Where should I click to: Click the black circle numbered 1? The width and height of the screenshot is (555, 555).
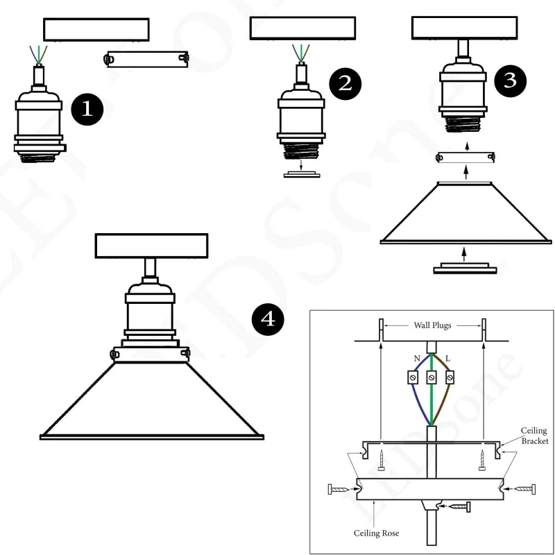tap(87, 109)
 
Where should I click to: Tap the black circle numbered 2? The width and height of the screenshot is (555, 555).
tap(345, 84)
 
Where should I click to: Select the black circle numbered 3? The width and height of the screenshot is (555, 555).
tap(510, 80)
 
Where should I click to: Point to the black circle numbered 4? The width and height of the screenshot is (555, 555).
tap(268, 319)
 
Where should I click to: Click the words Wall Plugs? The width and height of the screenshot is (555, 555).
tap(432, 325)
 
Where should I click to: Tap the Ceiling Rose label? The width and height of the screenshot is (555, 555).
tap(376, 533)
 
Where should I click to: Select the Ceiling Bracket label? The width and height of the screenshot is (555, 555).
tap(534, 436)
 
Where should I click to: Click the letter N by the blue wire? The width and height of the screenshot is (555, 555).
tap(417, 359)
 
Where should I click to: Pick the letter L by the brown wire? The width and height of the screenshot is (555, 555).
tap(447, 359)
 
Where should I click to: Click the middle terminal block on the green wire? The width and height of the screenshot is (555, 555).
tap(431, 377)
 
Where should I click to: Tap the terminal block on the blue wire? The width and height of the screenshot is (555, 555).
tap(413, 377)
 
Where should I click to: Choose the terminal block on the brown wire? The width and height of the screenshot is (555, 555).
tap(450, 377)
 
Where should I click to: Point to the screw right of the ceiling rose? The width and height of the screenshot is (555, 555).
tap(525, 489)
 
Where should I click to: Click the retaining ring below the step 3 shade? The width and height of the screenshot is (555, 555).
tap(465, 268)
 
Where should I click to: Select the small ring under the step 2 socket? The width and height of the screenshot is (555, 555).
tap(302, 174)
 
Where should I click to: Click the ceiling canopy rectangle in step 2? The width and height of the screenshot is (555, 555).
tap(302, 28)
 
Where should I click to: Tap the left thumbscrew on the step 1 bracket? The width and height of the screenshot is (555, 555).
tap(108, 59)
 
